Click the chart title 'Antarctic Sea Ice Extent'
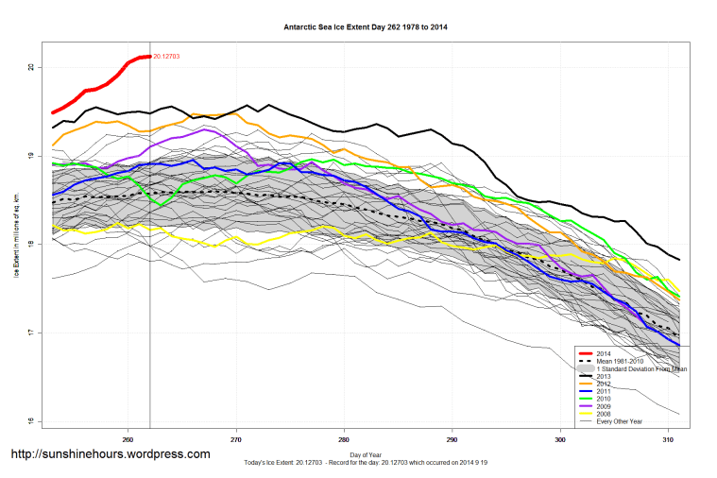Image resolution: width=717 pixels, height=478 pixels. tap(366, 27)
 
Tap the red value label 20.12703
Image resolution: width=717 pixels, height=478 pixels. tap(166, 57)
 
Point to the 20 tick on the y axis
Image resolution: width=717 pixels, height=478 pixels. tap(31, 67)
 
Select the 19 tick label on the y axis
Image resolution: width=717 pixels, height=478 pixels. tap(31, 156)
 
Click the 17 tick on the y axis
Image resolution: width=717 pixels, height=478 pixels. tap(31, 333)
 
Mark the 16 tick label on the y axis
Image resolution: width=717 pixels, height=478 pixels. tap(31, 421)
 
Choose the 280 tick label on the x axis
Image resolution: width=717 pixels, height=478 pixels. tap(345, 439)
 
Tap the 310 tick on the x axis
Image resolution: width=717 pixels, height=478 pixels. tap(669, 439)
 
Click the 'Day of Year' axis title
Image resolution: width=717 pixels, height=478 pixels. tap(366, 454)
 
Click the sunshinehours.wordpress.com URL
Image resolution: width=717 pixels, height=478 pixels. tap(110, 454)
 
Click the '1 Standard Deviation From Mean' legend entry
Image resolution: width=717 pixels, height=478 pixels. tap(638, 369)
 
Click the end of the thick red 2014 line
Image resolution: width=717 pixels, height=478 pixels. tap(150, 57)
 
